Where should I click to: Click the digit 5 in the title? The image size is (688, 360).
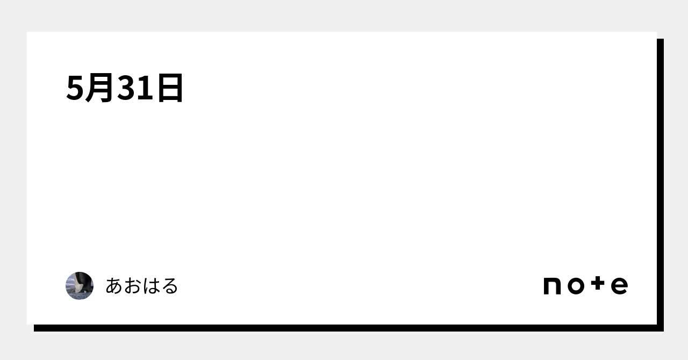click(75, 88)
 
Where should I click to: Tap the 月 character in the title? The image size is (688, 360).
click(99, 88)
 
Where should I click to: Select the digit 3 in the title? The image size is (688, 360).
click(126, 88)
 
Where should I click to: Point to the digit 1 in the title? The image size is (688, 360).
click(145, 88)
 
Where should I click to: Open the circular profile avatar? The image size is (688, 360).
click(80, 286)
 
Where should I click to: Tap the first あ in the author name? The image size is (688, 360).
click(114, 286)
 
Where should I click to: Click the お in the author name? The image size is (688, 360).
click(133, 286)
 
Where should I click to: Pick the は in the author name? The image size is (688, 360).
click(151, 286)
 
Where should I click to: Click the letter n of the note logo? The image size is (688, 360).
click(552, 286)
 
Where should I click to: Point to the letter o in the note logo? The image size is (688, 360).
click(576, 286)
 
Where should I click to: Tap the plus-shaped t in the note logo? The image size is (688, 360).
click(598, 283)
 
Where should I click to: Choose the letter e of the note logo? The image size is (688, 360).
click(620, 286)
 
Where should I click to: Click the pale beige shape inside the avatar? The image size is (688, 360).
click(79, 288)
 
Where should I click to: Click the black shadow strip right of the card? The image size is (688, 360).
click(661, 185)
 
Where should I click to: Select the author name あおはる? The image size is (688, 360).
click(142, 286)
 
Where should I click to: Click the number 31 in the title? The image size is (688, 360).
click(135, 88)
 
